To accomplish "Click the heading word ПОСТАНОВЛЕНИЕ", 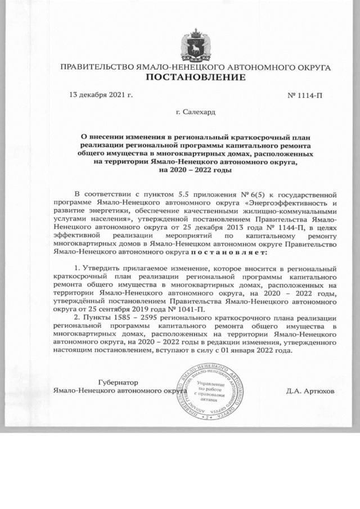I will click(196, 77).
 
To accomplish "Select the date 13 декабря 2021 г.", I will click(100, 95).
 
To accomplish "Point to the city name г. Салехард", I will click(195, 112).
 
